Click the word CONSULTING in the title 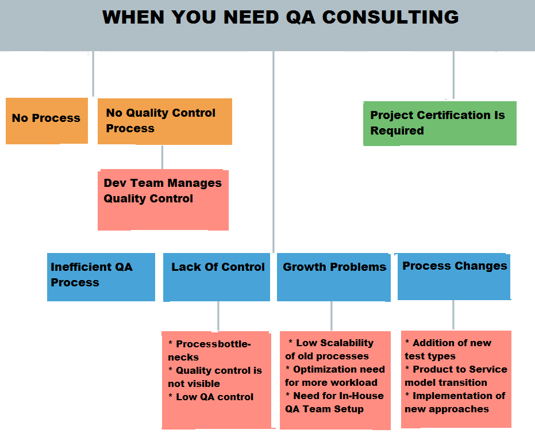390,17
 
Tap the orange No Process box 47,121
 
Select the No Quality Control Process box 165,121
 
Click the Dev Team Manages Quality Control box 163,200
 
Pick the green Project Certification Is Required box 440,123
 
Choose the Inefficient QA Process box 101,277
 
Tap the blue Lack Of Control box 217,277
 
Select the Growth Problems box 334,277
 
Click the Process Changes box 454,277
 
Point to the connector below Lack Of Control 218,316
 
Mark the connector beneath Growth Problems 332,316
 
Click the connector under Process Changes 453,315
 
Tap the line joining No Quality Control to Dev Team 162,158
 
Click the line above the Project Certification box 453,75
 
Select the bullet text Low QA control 214,397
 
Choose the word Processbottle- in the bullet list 213,344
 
